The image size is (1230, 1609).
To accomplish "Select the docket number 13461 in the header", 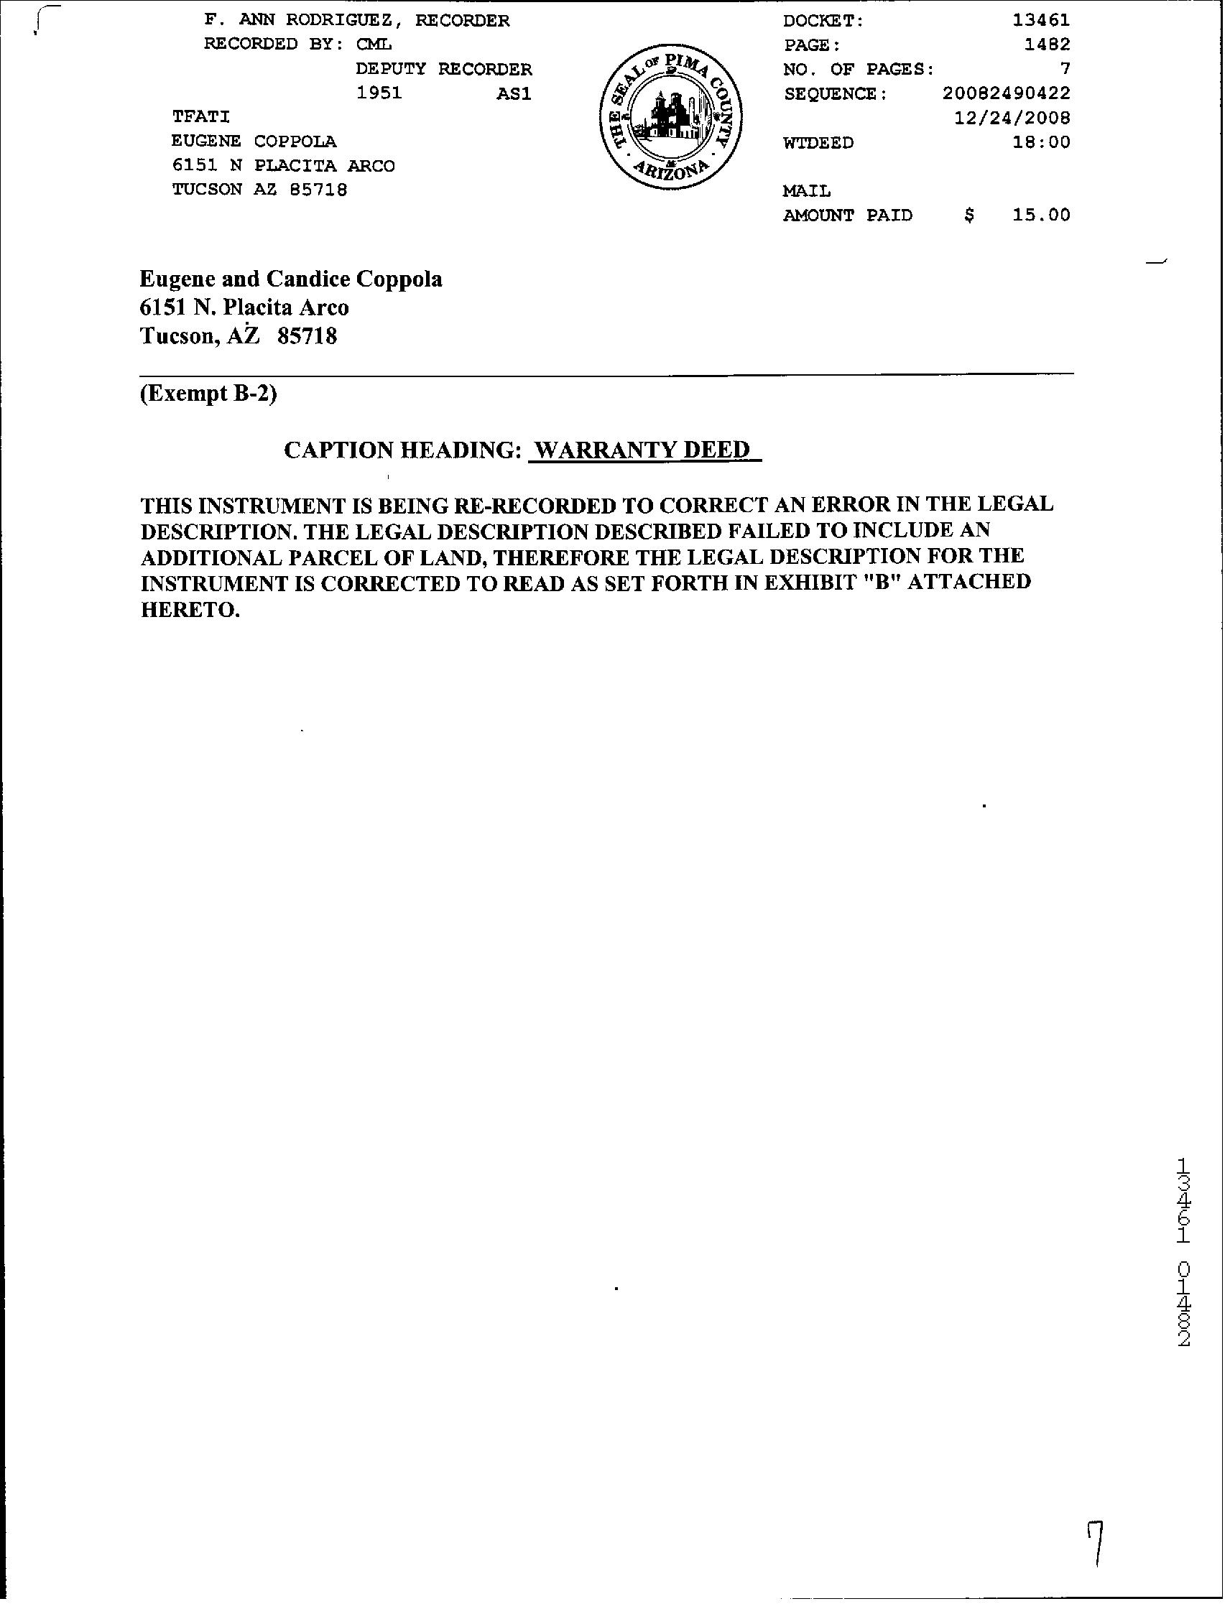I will click(x=1041, y=21).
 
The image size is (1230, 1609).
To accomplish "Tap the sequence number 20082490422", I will click(x=1007, y=93).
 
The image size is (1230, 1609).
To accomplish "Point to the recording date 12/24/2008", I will click(x=1012, y=118).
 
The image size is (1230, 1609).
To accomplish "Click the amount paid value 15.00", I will click(x=1041, y=215).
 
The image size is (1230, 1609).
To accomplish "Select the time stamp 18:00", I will click(x=1041, y=142).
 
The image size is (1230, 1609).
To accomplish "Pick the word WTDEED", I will click(x=818, y=143).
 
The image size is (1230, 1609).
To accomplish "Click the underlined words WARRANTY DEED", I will click(x=644, y=450).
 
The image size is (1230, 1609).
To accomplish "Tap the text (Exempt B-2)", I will click(x=208, y=394).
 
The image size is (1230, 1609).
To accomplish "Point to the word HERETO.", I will click(x=190, y=610).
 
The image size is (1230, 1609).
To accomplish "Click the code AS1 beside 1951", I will click(x=513, y=93).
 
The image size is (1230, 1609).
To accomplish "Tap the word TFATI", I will click(x=200, y=117).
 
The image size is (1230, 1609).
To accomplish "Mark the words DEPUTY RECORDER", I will click(x=444, y=70).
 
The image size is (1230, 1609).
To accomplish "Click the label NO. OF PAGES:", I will click(x=858, y=70).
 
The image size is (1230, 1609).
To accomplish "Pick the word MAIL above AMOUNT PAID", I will click(x=807, y=191).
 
